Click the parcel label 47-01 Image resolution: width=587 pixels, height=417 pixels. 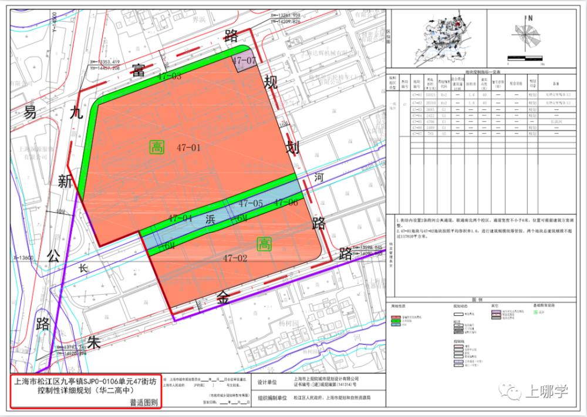click(188, 148)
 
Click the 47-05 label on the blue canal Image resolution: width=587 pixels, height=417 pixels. click(250, 204)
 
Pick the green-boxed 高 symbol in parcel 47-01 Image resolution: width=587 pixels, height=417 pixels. click(156, 147)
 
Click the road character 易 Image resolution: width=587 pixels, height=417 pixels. click(29, 113)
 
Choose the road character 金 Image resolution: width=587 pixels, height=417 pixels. click(223, 297)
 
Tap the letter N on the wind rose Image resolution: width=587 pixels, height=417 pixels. click(530, 19)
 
